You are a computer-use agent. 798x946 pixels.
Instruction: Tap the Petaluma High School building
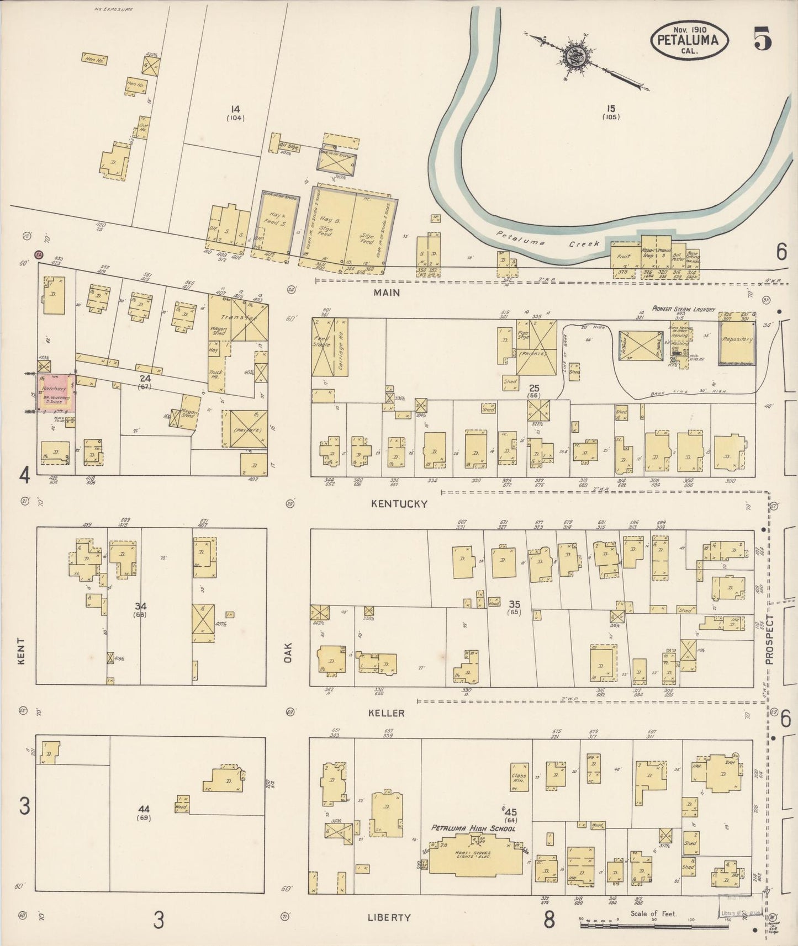pyautogui.click(x=473, y=855)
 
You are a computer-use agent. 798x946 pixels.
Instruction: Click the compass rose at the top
pyautogui.click(x=576, y=57)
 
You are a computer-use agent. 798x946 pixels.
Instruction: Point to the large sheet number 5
pyautogui.click(x=763, y=39)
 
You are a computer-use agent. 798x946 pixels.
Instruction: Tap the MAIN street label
pyautogui.click(x=387, y=293)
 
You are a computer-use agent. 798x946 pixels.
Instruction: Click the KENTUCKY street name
pyautogui.click(x=399, y=503)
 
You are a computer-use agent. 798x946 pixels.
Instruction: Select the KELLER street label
pyautogui.click(x=387, y=713)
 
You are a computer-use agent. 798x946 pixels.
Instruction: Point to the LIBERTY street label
pyautogui.click(x=389, y=917)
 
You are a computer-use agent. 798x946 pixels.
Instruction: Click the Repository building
pyautogui.click(x=737, y=341)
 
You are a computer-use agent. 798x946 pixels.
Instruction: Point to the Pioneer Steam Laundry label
pyautogui.click(x=683, y=310)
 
